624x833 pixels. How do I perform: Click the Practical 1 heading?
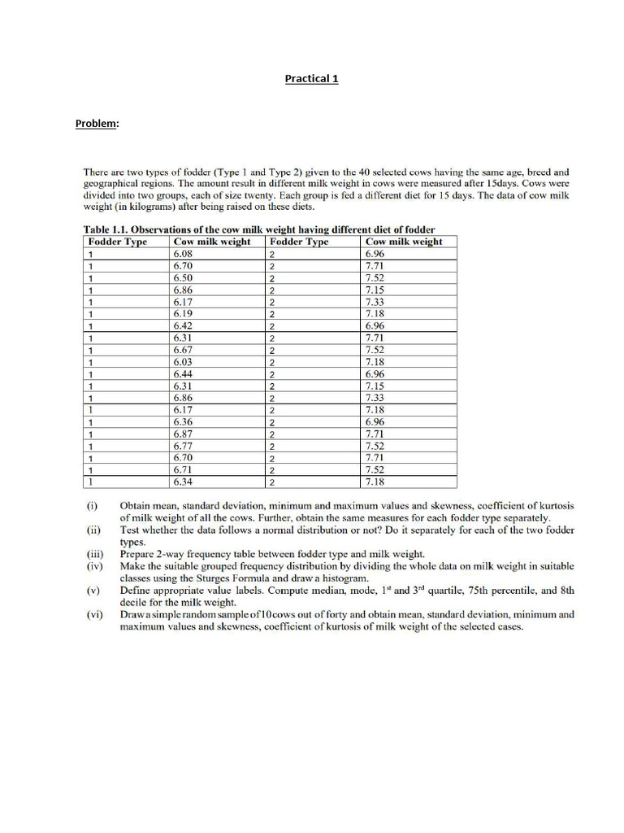pos(311,79)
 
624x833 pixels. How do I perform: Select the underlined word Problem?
pos(97,124)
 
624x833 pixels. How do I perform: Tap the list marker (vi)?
pos(94,615)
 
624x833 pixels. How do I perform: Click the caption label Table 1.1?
pos(106,229)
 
